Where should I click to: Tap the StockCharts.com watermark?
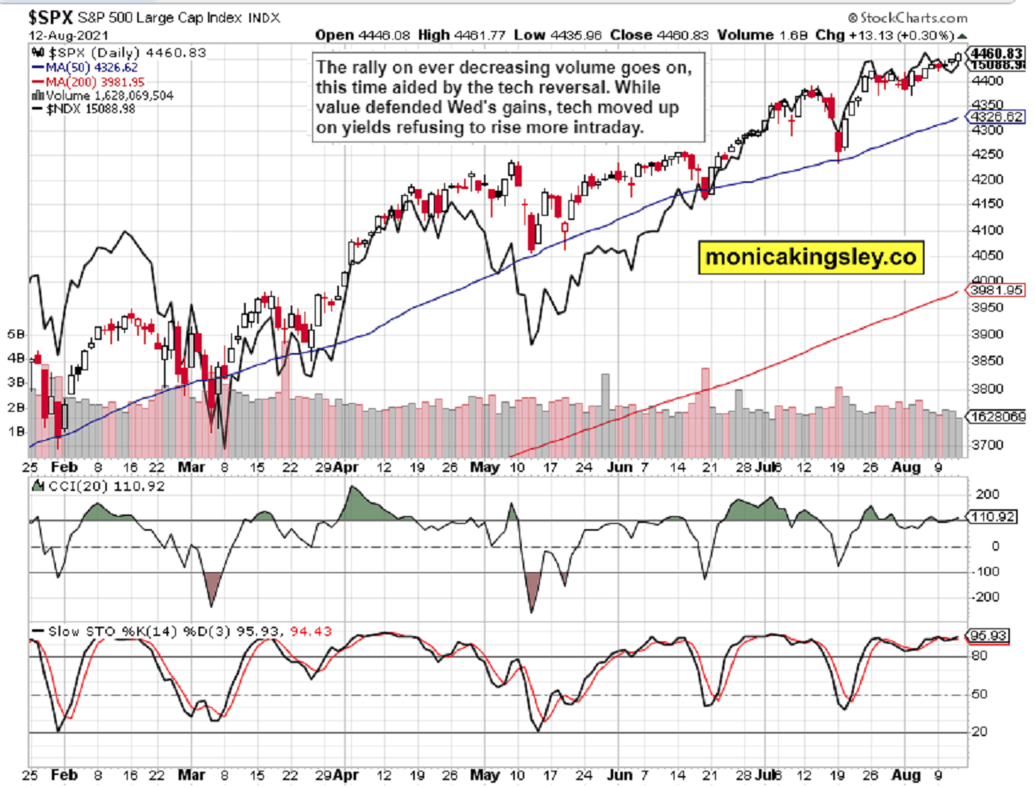tap(911, 17)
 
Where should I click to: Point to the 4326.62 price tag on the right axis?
tap(995, 117)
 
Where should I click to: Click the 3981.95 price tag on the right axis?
tap(995, 291)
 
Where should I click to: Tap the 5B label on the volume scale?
tap(16, 332)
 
